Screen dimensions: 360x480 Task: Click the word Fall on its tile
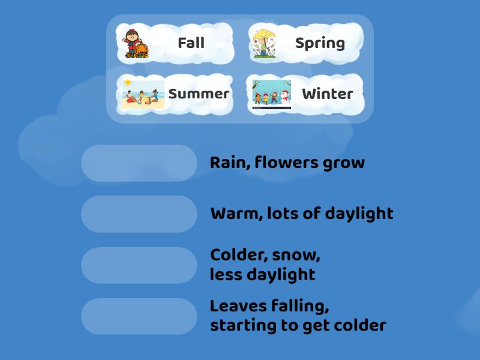point(191,43)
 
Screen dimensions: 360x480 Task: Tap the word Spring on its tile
point(320,43)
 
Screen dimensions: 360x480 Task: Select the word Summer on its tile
point(199,94)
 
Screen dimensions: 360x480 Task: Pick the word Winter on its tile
point(327,94)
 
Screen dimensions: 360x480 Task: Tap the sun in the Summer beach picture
point(127,83)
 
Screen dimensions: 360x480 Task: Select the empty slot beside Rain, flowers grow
point(139,163)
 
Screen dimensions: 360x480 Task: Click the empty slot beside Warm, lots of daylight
point(139,214)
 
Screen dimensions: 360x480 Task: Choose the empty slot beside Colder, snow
point(139,265)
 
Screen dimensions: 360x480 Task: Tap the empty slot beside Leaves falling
point(139,316)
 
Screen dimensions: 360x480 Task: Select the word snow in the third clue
point(295,255)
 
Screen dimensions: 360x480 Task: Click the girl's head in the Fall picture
point(133,34)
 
